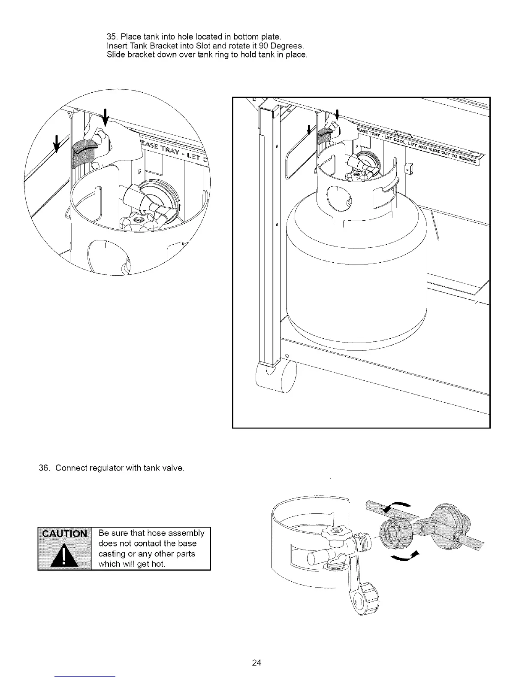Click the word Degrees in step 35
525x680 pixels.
point(287,45)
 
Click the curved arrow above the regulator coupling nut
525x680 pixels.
point(397,506)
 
